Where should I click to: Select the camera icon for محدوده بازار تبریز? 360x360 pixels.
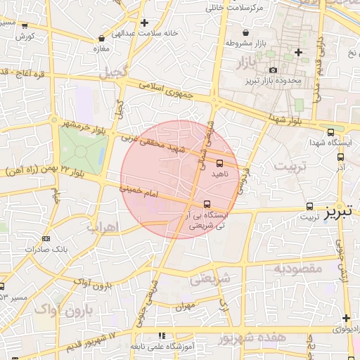[273, 70]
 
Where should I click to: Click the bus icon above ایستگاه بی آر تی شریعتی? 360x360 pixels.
[196, 204]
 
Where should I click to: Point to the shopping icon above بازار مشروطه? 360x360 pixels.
[245, 33]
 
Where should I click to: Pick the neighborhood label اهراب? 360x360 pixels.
[103, 226]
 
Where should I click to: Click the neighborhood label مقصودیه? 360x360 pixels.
[298, 268]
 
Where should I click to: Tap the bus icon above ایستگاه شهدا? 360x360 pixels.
[331, 132]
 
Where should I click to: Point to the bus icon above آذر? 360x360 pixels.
[340, 157]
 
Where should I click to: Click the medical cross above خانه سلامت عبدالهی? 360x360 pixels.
[144, 23]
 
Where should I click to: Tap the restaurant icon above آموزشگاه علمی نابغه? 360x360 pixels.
[162, 336]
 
